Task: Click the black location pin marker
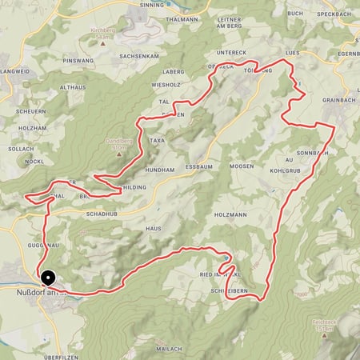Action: point(47,278)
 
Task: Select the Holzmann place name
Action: point(230,215)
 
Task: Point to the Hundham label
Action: point(158,170)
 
